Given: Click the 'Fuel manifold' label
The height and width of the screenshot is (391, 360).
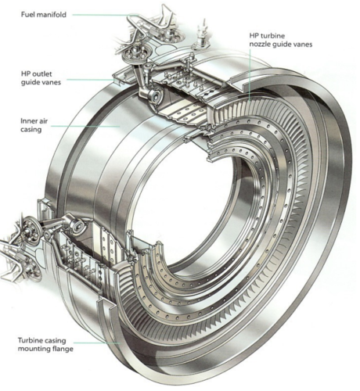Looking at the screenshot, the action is point(44,15).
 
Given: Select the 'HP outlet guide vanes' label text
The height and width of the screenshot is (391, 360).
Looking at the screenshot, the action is point(41,78).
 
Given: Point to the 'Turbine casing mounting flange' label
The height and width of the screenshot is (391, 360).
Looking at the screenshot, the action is point(45,345).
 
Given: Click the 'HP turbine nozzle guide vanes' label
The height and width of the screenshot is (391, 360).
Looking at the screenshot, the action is point(281,40).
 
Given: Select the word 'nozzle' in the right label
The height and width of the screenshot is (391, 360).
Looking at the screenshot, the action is point(261,44).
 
